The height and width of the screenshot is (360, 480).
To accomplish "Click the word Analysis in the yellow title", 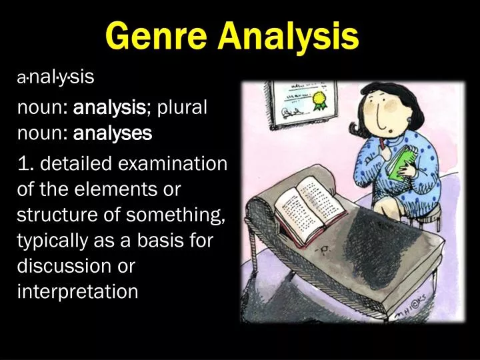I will (x=290, y=37).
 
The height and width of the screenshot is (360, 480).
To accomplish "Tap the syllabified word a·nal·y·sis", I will (x=56, y=78).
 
